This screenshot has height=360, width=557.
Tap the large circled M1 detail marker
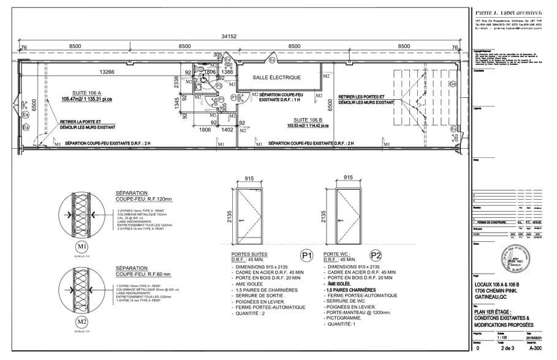pyautogui.click(x=82, y=246)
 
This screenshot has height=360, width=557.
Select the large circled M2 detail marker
pyautogui.click(x=82, y=321)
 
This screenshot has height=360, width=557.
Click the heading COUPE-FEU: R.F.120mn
pyautogui.click(x=143, y=200)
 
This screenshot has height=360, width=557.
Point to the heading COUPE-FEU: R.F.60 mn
pyautogui.click(x=143, y=275)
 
